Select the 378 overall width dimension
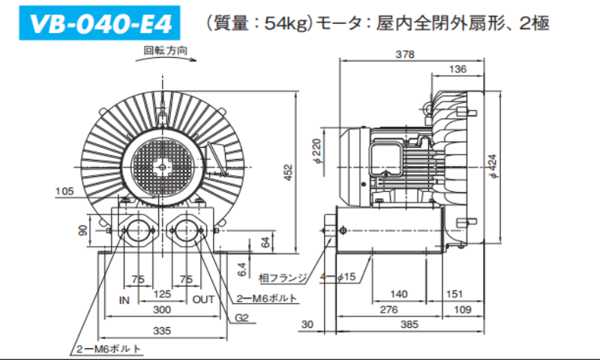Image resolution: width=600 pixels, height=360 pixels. (406, 54)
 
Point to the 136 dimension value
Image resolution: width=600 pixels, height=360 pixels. (457, 69)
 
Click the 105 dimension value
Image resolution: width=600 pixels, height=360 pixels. (64, 191)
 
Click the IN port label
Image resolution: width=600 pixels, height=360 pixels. (124, 300)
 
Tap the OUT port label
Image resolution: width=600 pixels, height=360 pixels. (203, 300)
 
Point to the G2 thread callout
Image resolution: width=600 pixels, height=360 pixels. (241, 317)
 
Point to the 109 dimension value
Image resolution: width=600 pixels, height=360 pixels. (463, 309)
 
